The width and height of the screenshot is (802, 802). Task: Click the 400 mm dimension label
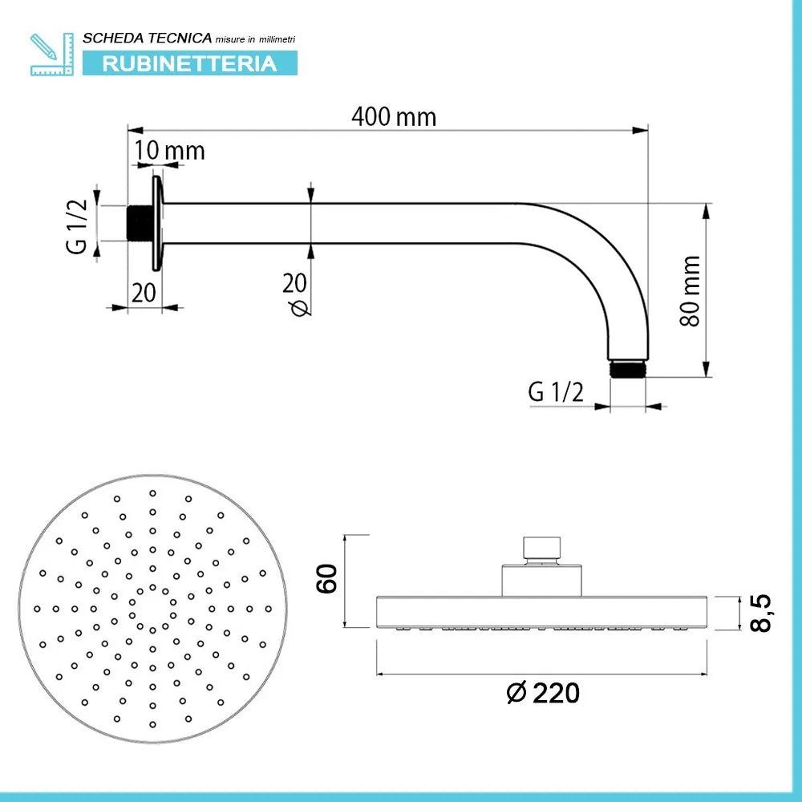click(x=394, y=117)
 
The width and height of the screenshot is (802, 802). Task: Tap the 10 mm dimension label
click(x=169, y=150)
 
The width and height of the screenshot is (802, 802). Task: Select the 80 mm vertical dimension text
click(x=690, y=290)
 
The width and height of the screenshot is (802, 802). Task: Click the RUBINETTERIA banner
click(x=189, y=63)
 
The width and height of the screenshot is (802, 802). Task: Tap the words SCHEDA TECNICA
click(x=148, y=38)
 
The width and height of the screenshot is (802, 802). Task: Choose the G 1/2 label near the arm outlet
click(x=555, y=392)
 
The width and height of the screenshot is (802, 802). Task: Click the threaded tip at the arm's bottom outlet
click(x=627, y=370)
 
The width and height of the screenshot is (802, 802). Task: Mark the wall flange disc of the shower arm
click(x=158, y=223)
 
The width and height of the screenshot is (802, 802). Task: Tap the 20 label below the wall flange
click(x=144, y=293)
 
